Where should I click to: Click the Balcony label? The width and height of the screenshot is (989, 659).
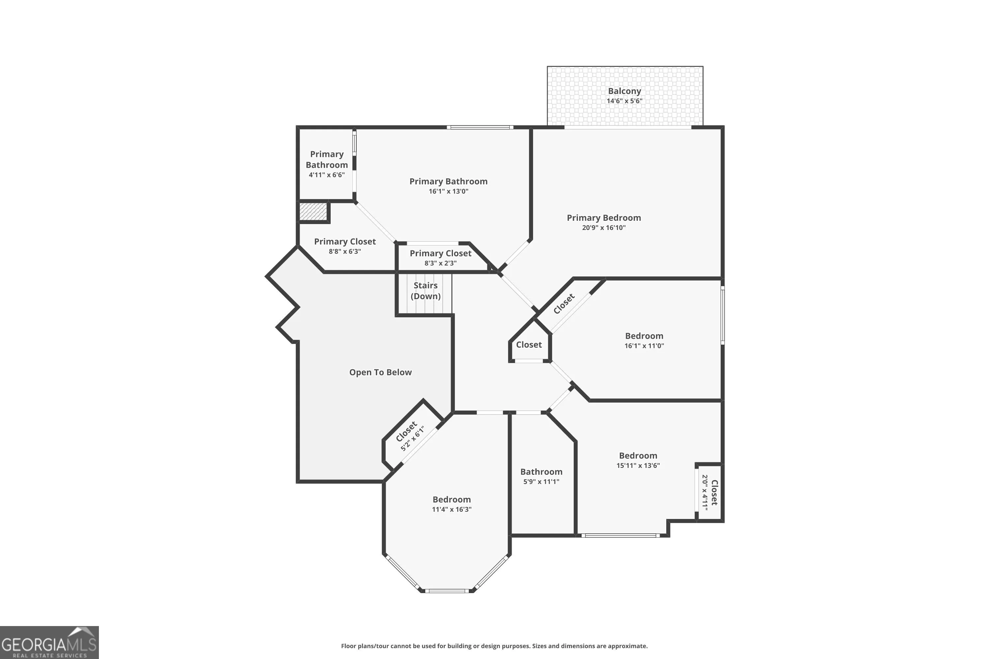tap(624, 91)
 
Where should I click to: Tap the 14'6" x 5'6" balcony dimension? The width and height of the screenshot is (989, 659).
tap(624, 101)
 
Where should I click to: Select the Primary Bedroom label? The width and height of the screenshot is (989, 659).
tap(604, 218)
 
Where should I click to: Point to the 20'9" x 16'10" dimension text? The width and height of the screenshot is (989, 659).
tap(604, 228)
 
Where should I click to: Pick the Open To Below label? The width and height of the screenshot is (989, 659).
tap(380, 372)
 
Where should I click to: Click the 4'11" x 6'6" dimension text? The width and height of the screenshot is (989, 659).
tap(327, 175)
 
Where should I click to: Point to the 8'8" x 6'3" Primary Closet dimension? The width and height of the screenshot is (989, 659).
tap(345, 251)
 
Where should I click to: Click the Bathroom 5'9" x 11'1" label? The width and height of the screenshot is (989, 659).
tap(541, 476)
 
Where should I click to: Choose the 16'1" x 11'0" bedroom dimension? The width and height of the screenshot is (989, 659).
tap(644, 346)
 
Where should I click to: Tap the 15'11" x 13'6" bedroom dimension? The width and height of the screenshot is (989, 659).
tap(638, 466)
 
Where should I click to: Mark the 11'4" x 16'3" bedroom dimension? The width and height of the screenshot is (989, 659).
tap(452, 509)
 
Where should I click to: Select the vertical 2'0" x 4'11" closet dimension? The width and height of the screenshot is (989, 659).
tap(705, 493)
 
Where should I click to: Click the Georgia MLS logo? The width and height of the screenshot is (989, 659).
tap(49, 642)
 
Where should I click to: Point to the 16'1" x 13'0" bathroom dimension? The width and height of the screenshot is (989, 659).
tap(448, 191)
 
